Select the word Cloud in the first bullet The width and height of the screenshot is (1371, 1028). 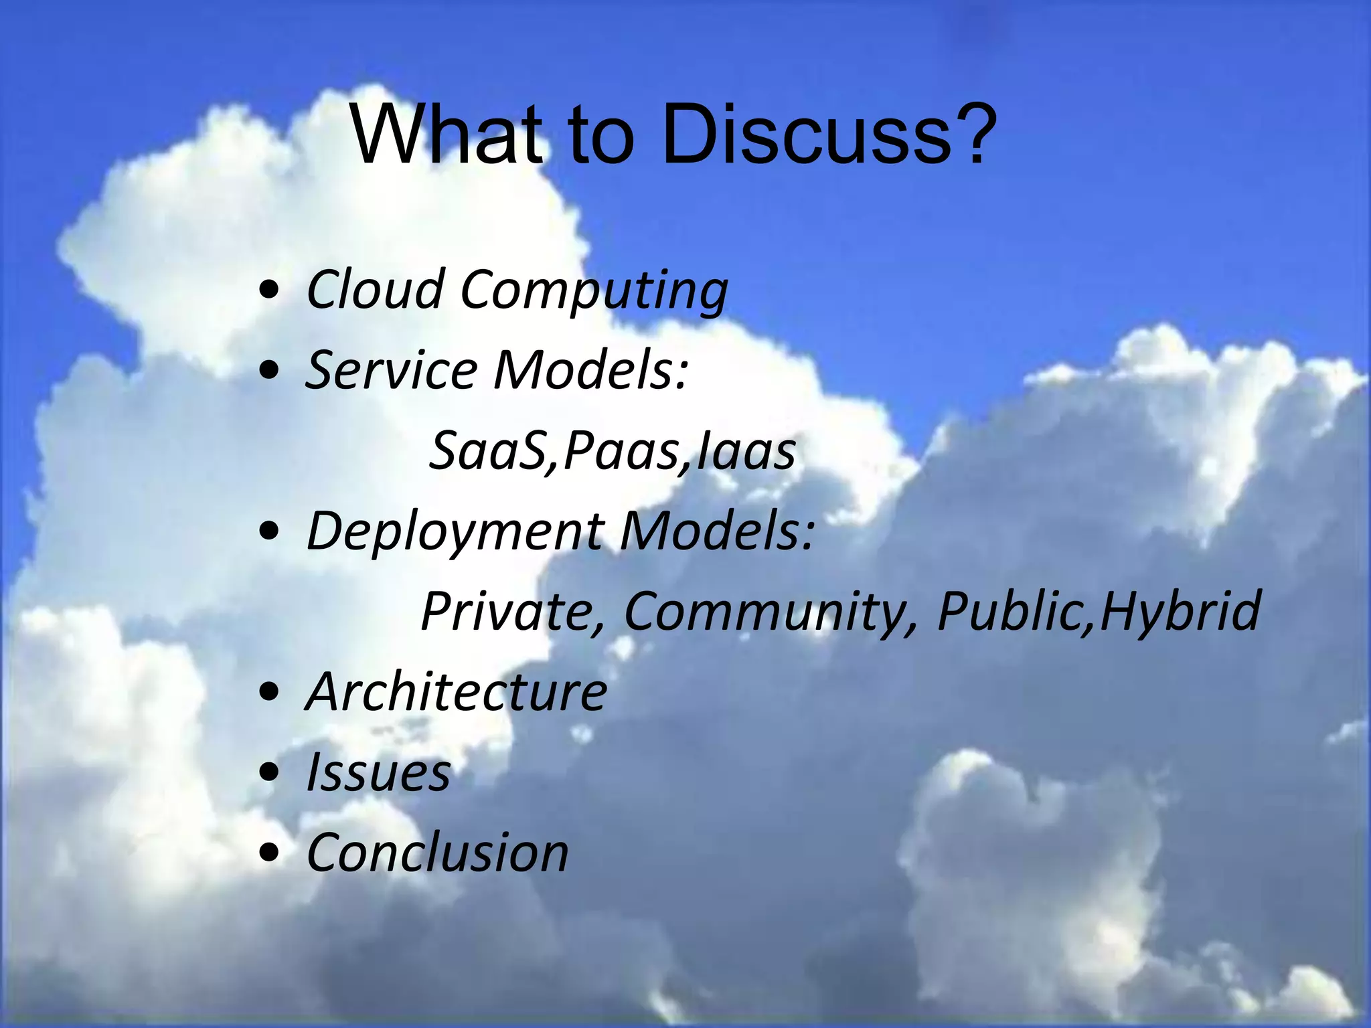(x=375, y=289)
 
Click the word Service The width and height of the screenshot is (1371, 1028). (x=392, y=369)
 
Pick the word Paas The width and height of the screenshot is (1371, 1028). (x=620, y=450)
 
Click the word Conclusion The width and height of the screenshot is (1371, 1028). (x=437, y=853)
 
